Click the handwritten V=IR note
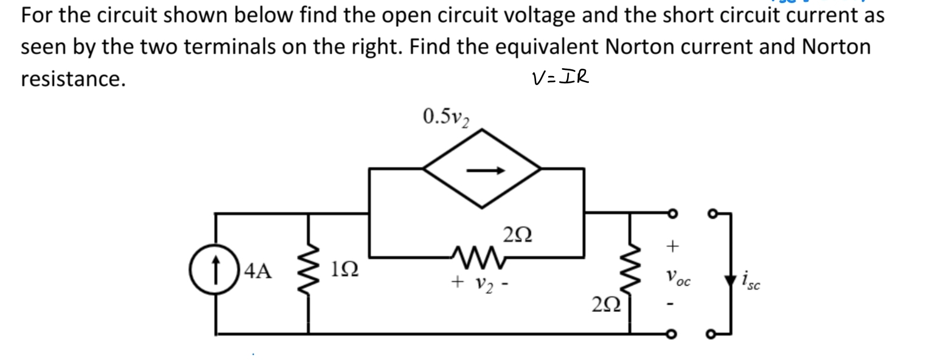(560, 78)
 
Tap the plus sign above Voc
(672, 246)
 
